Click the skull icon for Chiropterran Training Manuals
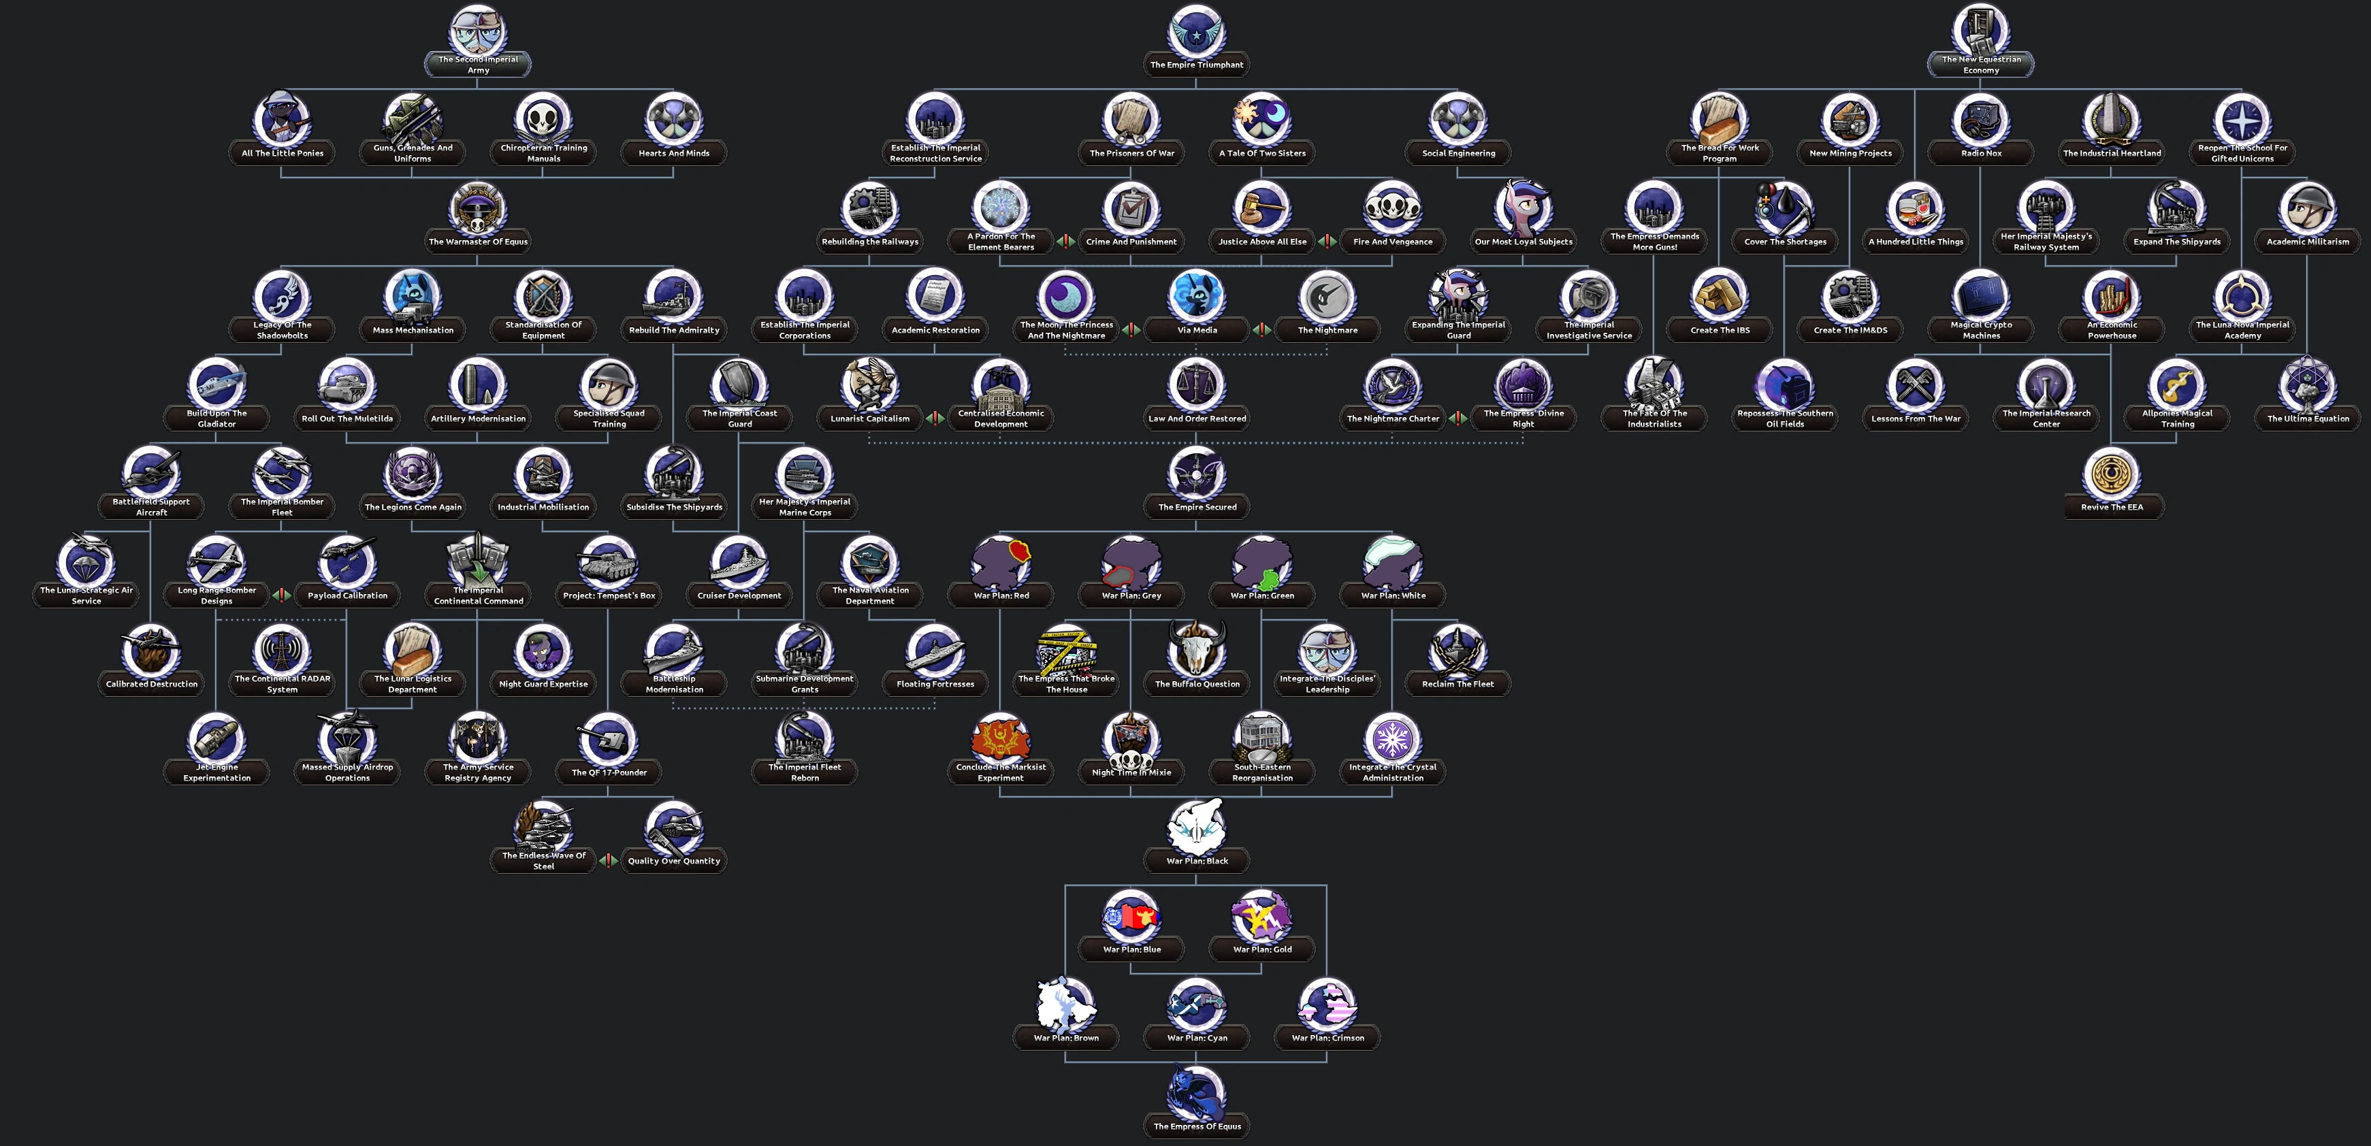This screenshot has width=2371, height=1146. [543, 120]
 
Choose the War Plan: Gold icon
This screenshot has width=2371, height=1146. [1262, 916]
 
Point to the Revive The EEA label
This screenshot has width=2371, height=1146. [2112, 507]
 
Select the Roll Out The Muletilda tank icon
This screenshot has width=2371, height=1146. [347, 384]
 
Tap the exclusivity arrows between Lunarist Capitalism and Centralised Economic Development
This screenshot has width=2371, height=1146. [935, 419]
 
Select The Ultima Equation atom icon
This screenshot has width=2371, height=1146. [2308, 384]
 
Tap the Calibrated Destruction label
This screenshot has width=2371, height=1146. [152, 684]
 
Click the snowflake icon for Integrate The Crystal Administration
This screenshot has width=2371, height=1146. [1393, 738]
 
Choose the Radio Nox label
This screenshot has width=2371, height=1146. [1981, 153]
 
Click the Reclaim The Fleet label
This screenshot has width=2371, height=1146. [1458, 684]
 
